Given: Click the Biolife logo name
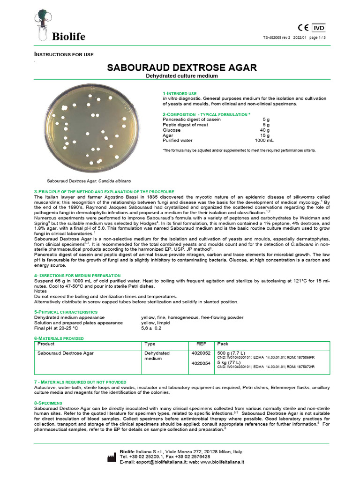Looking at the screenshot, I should [x=68, y=37].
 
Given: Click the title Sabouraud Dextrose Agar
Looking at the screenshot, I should [x=182, y=67].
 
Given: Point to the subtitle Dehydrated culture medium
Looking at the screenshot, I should [x=182, y=76].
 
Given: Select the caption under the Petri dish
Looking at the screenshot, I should [x=89, y=180].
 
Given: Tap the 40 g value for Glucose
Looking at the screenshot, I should [x=264, y=130].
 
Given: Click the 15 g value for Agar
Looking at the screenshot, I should [x=264, y=135].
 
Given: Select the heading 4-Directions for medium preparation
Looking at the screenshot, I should [x=77, y=275].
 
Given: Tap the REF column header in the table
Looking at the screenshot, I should [x=201, y=344].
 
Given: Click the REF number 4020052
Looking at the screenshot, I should [x=201, y=353].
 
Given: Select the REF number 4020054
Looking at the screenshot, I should [x=201, y=363].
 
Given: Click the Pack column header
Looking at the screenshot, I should [x=223, y=344].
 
